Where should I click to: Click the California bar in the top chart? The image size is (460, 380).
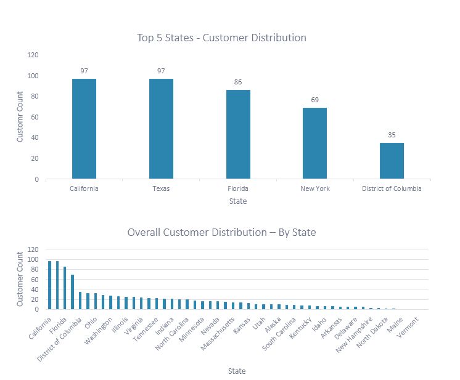84,129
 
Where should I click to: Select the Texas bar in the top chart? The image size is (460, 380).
161,129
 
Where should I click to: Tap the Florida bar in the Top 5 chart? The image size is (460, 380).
238,134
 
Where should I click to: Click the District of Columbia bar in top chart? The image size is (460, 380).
392,161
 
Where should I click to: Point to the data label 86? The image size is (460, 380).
238,82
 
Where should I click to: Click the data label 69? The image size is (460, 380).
314,100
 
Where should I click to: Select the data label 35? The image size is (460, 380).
392,135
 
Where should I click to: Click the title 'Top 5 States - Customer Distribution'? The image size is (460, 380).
221,38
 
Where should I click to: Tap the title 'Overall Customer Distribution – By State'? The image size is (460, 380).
221,232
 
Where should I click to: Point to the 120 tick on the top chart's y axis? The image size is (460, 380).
33,55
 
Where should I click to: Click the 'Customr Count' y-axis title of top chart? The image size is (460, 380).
20,117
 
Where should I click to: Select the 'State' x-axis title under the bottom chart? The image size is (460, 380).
237,371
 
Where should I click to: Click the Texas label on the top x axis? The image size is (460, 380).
161,188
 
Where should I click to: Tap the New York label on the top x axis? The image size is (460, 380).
314,188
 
